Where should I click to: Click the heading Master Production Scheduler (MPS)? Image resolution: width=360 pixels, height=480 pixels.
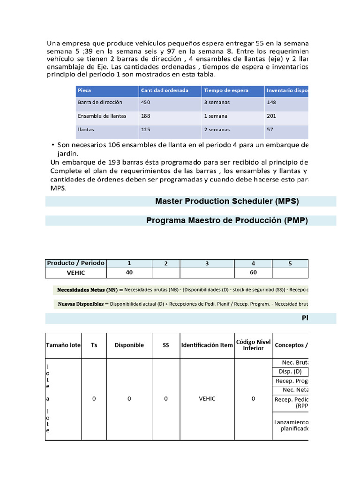pyautogui.click(x=227, y=202)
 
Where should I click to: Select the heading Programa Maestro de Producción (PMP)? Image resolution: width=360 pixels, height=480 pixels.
pyautogui.click(x=227, y=221)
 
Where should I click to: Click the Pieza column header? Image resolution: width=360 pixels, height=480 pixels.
pyautogui.click(x=85, y=90)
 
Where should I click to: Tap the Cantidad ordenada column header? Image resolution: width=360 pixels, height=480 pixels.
pyautogui.click(x=158, y=90)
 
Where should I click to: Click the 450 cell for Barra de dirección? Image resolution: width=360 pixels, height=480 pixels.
pyautogui.click(x=146, y=102)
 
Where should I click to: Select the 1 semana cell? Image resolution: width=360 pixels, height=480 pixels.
pyautogui.click(x=216, y=116)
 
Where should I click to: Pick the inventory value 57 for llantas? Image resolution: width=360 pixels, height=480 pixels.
pyautogui.click(x=270, y=129)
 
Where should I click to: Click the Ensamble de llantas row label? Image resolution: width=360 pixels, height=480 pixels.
pyautogui.click(x=102, y=116)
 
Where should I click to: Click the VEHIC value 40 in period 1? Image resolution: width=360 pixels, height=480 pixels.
pyautogui.click(x=129, y=273)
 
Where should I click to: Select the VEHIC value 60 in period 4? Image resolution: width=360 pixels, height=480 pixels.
pyautogui.click(x=253, y=273)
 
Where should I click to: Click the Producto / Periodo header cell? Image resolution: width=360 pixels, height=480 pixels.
pyautogui.click(x=76, y=263)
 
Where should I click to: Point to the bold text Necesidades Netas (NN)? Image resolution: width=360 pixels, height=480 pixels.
pyautogui.click(x=87, y=290)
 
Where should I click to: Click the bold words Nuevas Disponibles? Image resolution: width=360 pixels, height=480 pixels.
pyautogui.click(x=81, y=304)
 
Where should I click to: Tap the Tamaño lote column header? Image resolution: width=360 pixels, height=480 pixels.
pyautogui.click(x=63, y=345)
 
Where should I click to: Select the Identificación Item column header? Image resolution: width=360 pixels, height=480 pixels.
pyautogui.click(x=207, y=345)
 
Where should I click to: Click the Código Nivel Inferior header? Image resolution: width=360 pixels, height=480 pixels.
pyautogui.click(x=253, y=345)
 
